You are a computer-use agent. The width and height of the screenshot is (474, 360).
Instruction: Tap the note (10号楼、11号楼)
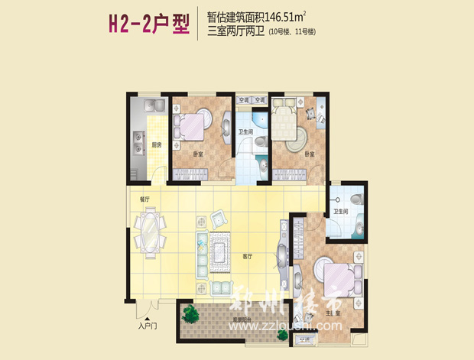pyautogui.click(x=291, y=32)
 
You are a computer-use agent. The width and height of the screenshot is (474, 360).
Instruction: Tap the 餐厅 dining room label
pyautogui.click(x=144, y=199)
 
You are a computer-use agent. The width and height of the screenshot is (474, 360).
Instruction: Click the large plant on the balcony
pyautogui.click(x=189, y=313)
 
